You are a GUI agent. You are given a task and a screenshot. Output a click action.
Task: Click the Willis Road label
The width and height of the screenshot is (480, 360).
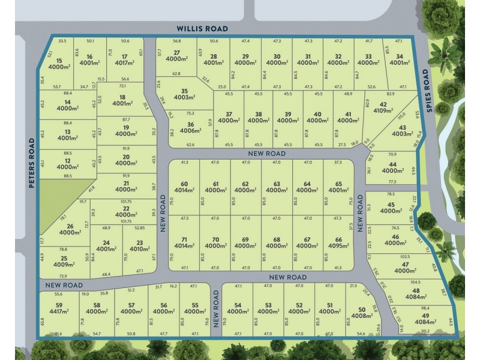pos(202,28)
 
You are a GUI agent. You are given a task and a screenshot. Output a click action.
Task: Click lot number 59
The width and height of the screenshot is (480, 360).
pos(58,304)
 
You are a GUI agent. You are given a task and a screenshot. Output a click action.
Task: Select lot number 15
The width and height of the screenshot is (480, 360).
pos(59,61)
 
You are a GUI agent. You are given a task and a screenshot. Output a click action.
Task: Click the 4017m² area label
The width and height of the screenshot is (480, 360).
pos(125,62)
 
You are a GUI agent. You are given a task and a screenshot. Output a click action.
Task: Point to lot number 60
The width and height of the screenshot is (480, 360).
pos(184,184)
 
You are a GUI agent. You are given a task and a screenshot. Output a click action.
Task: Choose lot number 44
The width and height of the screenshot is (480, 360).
pos(392,164)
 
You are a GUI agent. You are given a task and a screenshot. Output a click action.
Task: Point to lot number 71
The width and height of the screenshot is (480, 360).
pos(184,239)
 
